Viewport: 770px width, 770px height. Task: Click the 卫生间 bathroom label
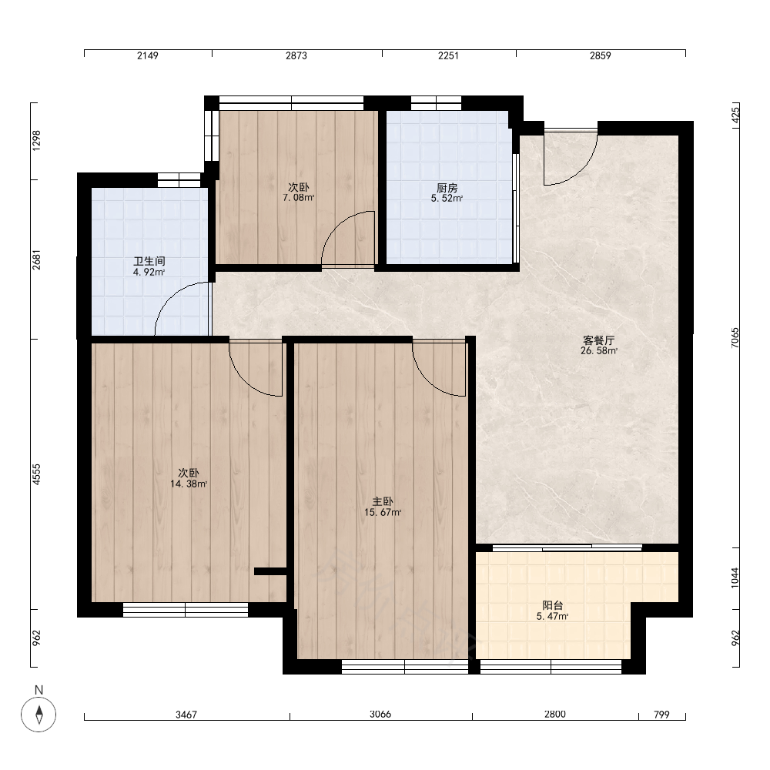[149, 261]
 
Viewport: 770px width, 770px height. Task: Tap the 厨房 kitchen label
[447, 188]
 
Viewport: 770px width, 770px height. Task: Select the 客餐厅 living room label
[598, 340]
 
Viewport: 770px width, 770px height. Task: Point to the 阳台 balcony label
[552, 605]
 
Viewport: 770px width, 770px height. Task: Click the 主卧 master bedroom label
[383, 501]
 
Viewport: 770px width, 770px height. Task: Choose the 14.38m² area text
[189, 484]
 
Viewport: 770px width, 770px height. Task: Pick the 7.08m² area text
[298, 197]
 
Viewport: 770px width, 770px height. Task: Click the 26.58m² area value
[598, 350]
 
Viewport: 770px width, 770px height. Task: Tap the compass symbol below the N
[38, 714]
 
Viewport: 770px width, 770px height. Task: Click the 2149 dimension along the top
[147, 55]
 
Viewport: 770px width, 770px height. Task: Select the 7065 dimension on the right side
[735, 338]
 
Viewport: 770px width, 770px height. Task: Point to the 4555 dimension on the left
[36, 474]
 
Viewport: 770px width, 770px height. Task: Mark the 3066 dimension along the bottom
[380, 714]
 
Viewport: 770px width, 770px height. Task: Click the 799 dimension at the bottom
[661, 715]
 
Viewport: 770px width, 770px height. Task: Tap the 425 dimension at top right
[735, 115]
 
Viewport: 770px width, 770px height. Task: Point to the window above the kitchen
[436, 103]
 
